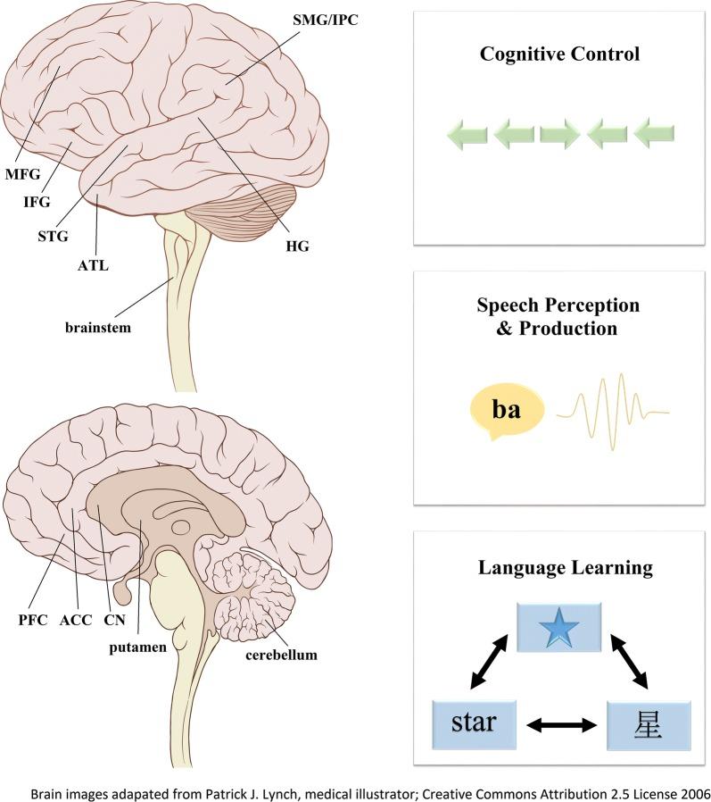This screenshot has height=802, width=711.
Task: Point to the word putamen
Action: (139, 647)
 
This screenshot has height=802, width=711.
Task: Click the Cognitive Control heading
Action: (559, 54)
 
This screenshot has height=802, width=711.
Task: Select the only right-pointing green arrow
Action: (559, 136)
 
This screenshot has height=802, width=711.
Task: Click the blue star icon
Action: (559, 628)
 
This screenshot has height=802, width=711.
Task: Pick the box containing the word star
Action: (474, 723)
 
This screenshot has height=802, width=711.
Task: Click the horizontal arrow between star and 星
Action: (562, 726)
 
